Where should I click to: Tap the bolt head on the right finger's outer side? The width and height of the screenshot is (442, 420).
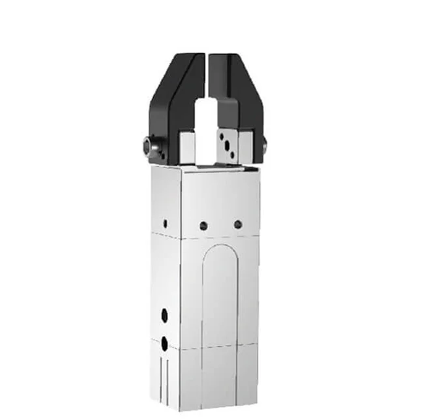(265, 147)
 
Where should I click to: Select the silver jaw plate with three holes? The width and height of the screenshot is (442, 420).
(228, 145)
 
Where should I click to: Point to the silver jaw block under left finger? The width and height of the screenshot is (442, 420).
(188, 147)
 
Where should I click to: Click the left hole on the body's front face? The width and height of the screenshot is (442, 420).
(203, 226)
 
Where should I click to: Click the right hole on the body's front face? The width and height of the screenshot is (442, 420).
(238, 224)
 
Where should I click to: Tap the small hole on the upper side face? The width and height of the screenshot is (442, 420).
(165, 222)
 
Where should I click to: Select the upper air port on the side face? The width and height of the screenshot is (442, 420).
(164, 315)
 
